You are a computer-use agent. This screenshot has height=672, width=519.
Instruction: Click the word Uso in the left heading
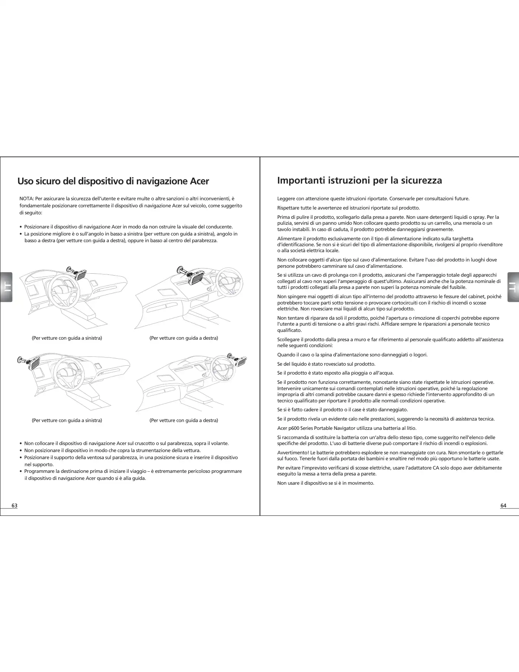click(27, 181)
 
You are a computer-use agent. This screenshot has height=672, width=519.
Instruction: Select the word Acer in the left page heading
click(199, 181)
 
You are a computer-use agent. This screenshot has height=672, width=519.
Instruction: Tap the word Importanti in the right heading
click(301, 181)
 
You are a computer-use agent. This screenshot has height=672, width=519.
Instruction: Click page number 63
click(14, 505)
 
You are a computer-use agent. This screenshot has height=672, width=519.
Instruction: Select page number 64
click(503, 505)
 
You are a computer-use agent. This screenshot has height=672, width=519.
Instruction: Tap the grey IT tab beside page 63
click(7, 287)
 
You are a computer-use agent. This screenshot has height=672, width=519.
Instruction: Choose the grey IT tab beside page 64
click(513, 287)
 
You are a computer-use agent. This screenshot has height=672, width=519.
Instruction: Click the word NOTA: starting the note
click(26, 199)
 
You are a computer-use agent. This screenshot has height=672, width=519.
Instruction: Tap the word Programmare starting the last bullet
click(39, 471)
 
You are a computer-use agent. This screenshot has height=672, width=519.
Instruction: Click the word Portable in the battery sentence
click(322, 428)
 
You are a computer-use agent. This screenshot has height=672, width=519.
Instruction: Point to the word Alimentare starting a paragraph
click(290, 239)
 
